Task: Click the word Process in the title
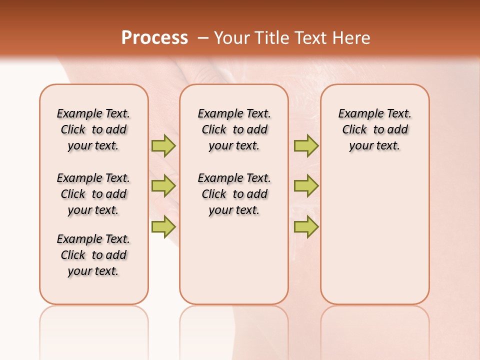pyautogui.click(x=154, y=38)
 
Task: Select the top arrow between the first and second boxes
pyautogui.click(x=163, y=145)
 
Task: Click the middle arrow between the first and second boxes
pyautogui.click(x=163, y=186)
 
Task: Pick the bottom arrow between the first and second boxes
pyautogui.click(x=163, y=226)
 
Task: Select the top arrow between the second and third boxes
pyautogui.click(x=306, y=145)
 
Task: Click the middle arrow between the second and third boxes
pyautogui.click(x=306, y=186)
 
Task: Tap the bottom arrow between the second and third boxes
pyautogui.click(x=306, y=226)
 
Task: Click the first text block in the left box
pyautogui.click(x=93, y=129)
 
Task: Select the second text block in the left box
pyautogui.click(x=93, y=194)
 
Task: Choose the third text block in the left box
pyautogui.click(x=93, y=255)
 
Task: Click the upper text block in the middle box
pyautogui.click(x=234, y=129)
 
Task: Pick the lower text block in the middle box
pyautogui.click(x=234, y=194)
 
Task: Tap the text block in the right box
pyautogui.click(x=375, y=129)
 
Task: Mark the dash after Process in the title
pyautogui.click(x=202, y=38)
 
